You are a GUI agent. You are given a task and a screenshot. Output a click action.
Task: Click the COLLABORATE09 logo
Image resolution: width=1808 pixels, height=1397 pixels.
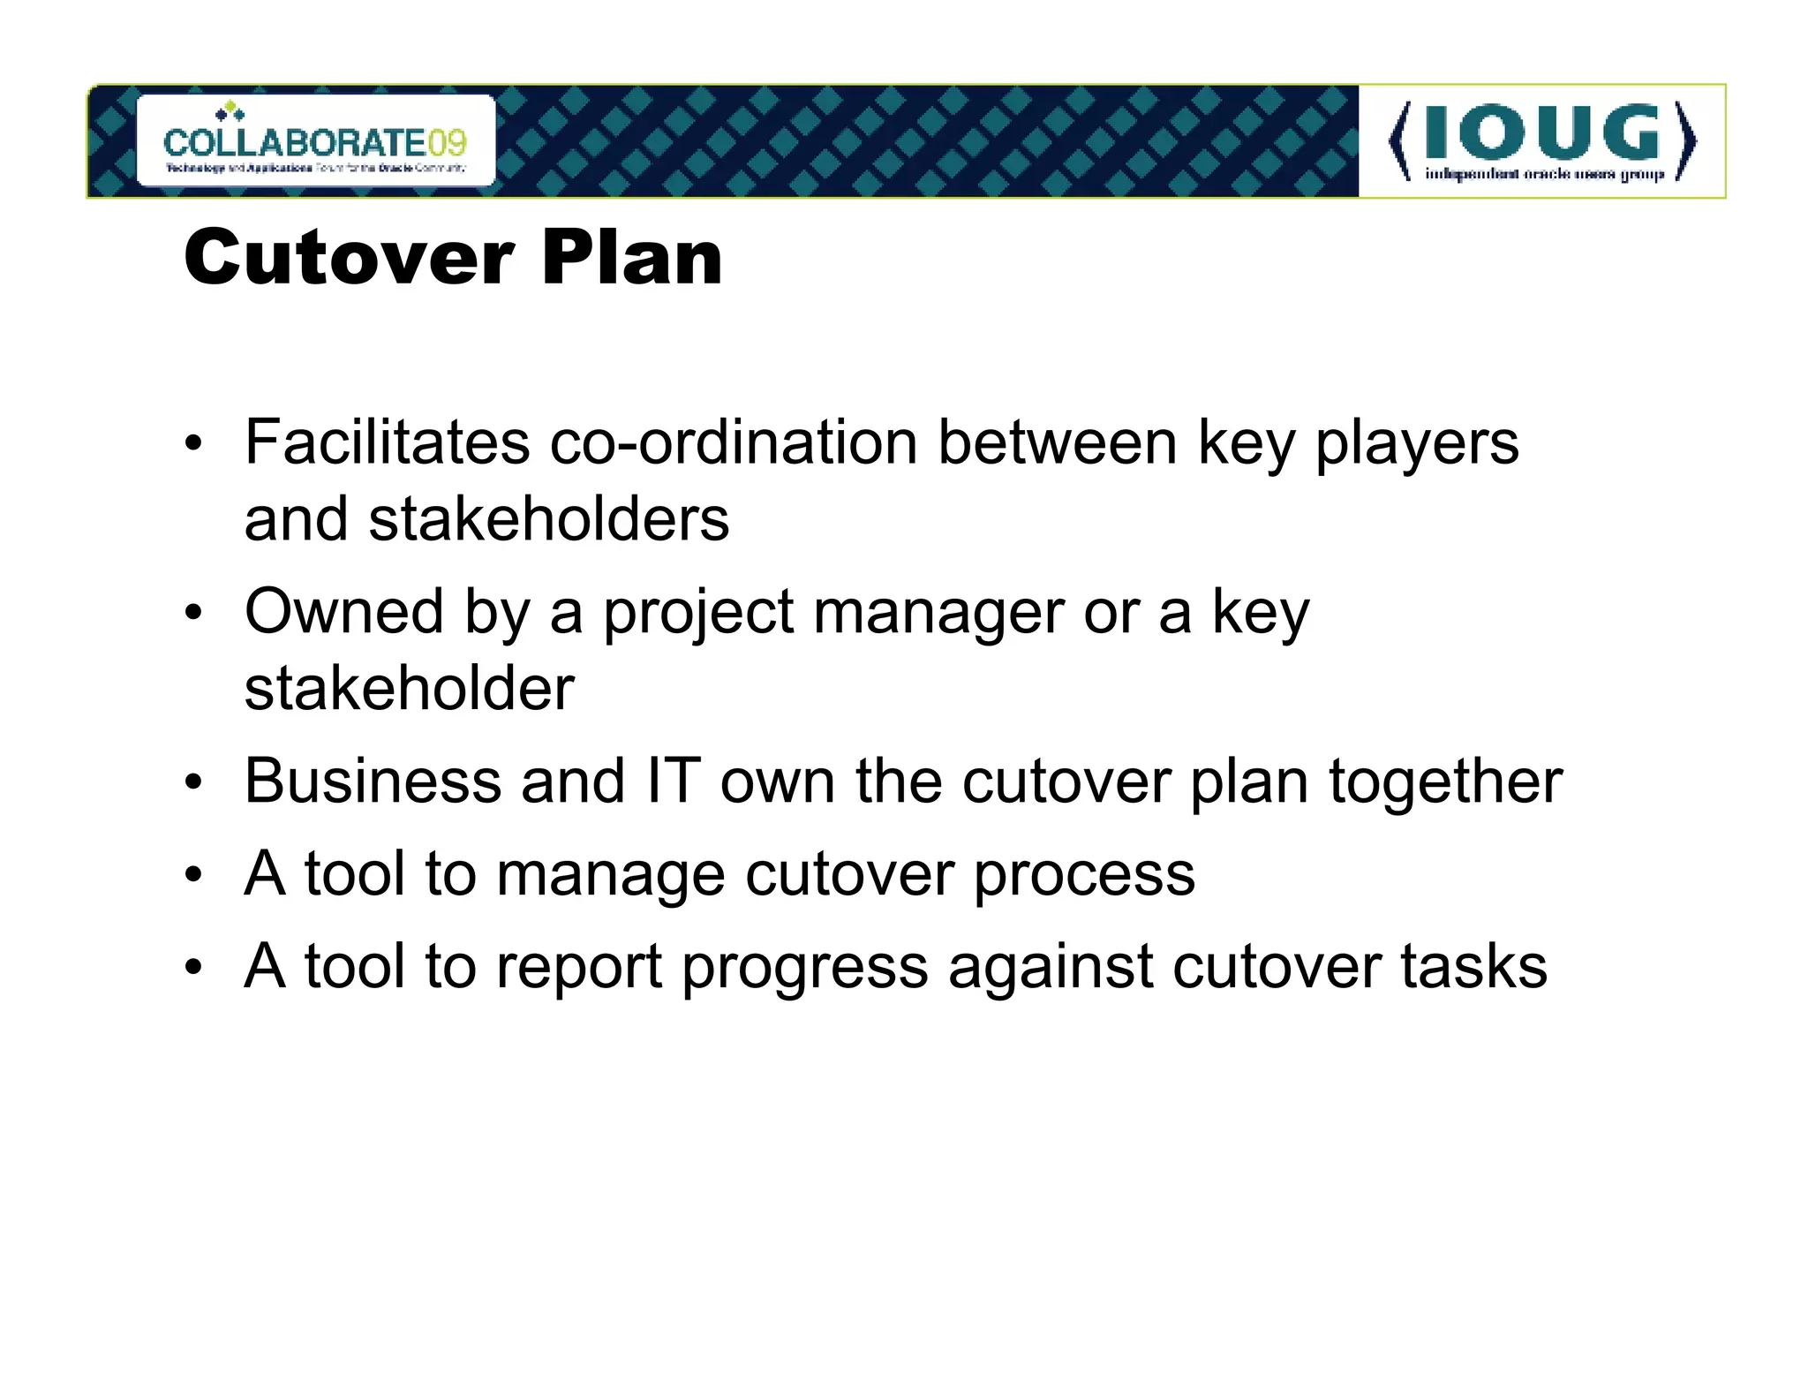pyautogui.click(x=315, y=141)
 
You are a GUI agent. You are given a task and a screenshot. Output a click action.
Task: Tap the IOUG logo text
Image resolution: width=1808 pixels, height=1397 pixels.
pyautogui.click(x=1541, y=134)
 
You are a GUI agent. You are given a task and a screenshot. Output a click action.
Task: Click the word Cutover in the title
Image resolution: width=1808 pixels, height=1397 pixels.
pyautogui.click(x=349, y=258)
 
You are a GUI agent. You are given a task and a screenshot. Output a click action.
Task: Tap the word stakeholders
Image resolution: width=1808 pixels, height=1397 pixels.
pyautogui.click(x=486, y=519)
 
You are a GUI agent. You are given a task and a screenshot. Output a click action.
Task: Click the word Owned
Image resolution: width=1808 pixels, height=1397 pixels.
pyautogui.click(x=344, y=611)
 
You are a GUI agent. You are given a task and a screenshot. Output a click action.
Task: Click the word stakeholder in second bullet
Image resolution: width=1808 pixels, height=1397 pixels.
pyautogui.click(x=410, y=689)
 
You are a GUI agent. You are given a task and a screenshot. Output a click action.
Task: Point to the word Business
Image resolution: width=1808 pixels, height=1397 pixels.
pyautogui.click(x=373, y=782)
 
